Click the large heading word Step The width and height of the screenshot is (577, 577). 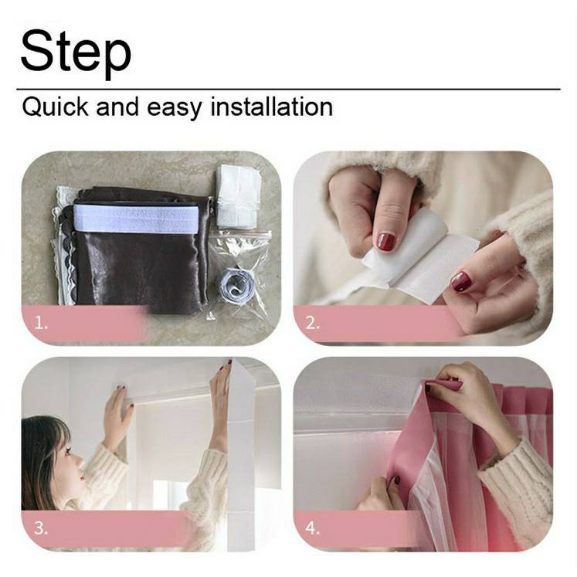pos(76,52)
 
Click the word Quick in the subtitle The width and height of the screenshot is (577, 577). pos(55,107)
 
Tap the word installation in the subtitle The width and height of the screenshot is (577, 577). pos(272,107)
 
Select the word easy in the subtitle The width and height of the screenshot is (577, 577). pos(175,109)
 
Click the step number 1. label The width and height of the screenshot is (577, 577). pos(41,324)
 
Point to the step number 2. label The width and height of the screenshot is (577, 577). pos(312,323)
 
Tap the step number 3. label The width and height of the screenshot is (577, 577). pos(41,528)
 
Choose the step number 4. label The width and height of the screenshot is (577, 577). pos(312,528)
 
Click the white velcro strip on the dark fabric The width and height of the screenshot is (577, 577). pos(136,218)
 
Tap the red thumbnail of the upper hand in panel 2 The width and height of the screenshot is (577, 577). pos(385,242)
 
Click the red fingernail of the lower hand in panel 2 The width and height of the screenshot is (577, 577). pos(462,281)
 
